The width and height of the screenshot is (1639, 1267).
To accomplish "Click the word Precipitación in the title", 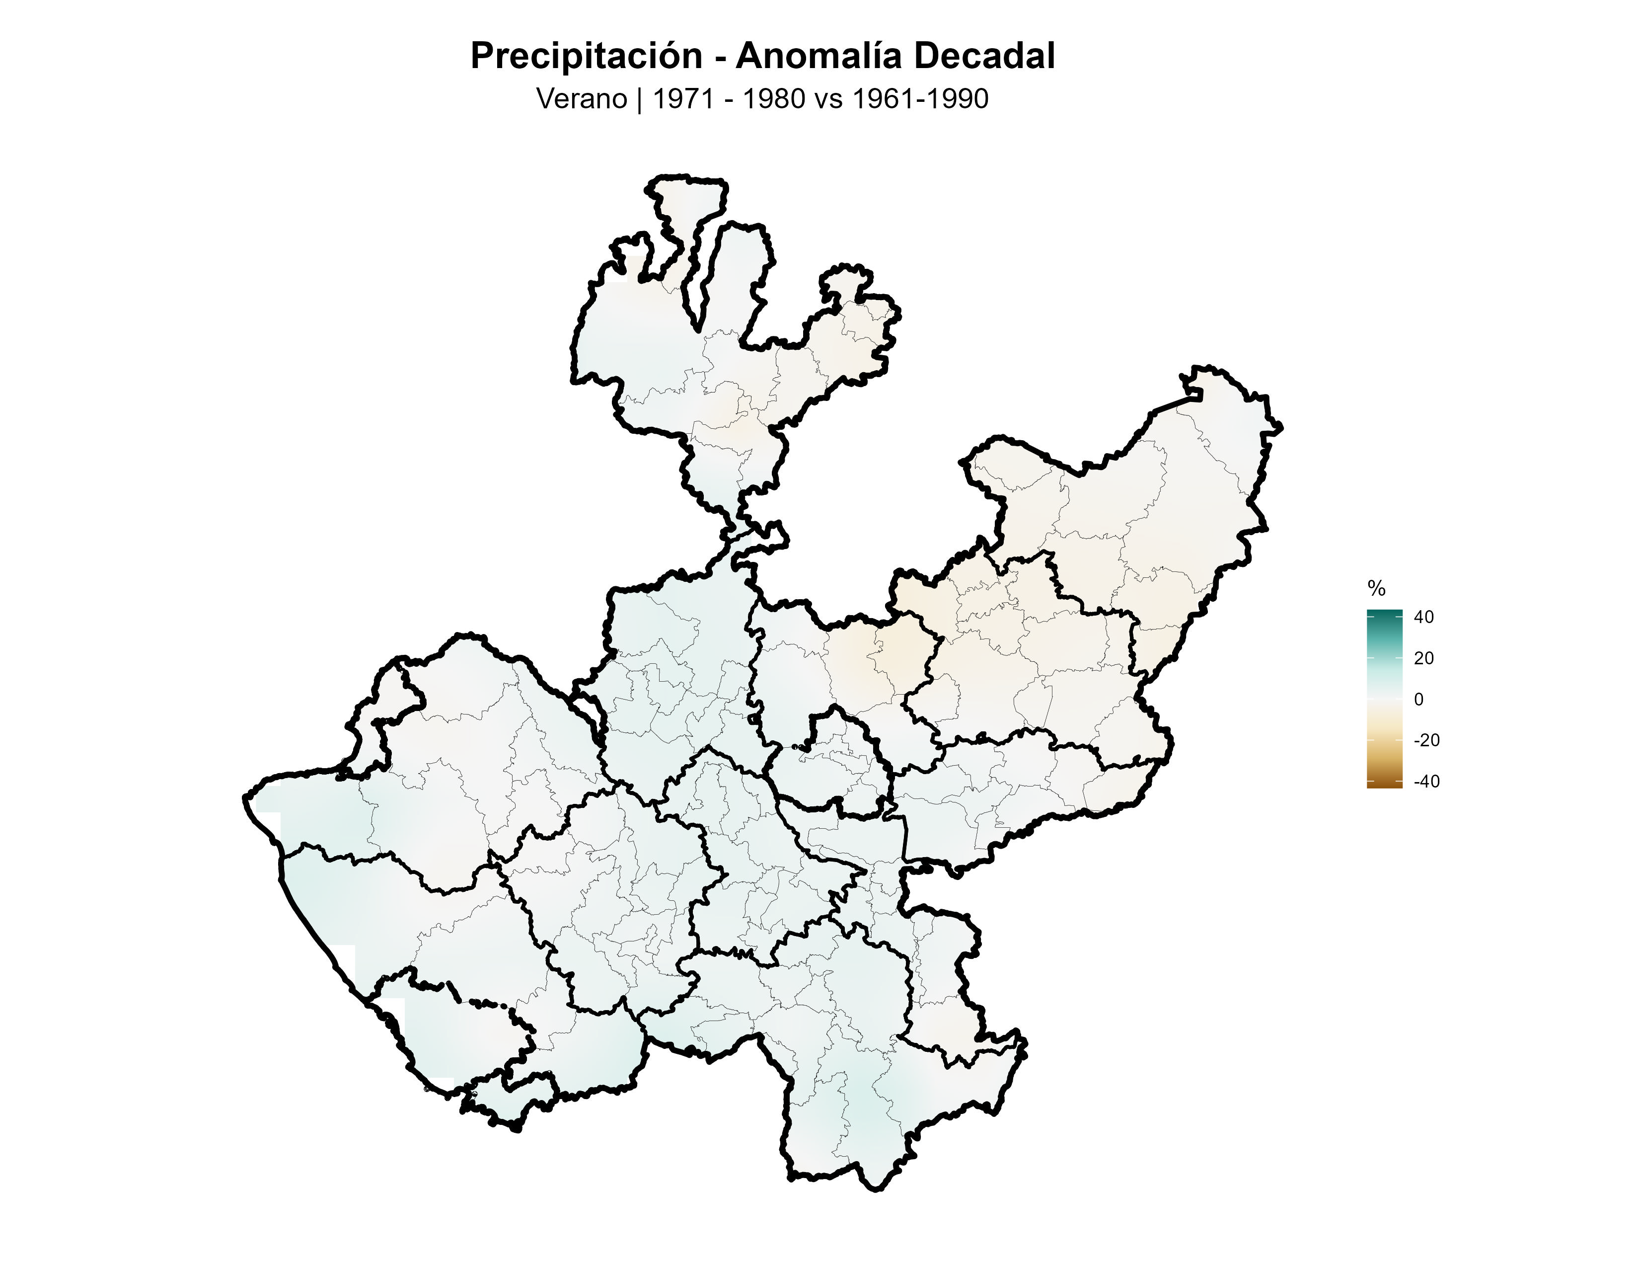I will point(586,56).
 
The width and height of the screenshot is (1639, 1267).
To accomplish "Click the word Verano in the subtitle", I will point(582,99).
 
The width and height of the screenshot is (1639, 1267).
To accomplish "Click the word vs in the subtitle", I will point(828,99).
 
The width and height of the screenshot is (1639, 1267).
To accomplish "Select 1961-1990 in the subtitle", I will point(920,99).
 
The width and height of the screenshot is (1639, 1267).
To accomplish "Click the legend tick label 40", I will point(1423,617).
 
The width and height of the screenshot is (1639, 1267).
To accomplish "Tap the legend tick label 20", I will point(1423,658).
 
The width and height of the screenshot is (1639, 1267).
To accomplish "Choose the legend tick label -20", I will point(1426,740).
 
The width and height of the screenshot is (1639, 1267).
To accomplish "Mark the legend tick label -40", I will point(1426,782).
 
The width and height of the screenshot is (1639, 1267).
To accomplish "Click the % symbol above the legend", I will point(1376,588).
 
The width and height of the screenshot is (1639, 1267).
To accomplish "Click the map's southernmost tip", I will point(877,1189).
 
